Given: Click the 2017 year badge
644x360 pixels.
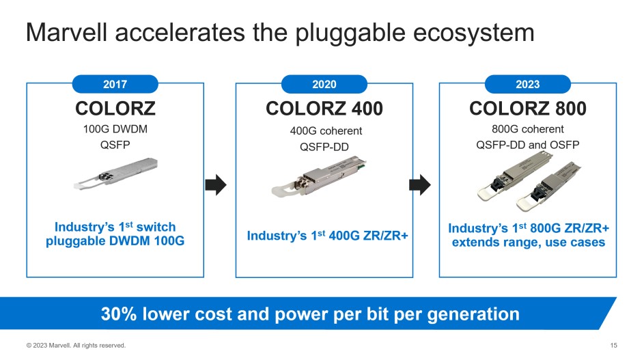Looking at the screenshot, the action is [x=115, y=84].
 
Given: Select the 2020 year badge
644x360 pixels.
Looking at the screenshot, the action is [x=324, y=84].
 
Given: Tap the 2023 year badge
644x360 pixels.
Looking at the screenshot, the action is [x=528, y=84].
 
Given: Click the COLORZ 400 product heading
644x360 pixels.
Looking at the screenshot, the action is [x=324, y=109].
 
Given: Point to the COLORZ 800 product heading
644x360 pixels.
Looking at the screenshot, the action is [x=528, y=109].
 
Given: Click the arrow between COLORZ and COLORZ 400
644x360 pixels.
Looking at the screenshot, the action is [x=216, y=184].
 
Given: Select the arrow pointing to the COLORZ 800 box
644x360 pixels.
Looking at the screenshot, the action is [x=420, y=184].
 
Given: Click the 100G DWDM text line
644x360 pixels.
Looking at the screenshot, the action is [x=115, y=129].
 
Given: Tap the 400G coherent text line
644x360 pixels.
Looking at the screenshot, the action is [x=326, y=130].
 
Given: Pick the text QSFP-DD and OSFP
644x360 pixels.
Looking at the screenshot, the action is [x=528, y=145].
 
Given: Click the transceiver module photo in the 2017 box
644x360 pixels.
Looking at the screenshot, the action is [x=116, y=174].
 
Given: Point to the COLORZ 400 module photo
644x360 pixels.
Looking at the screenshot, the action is [x=319, y=178].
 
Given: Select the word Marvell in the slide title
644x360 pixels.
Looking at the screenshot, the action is [x=66, y=33].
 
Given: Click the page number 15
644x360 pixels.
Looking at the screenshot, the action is [x=613, y=345].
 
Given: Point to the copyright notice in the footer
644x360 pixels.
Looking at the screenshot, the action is [x=76, y=345].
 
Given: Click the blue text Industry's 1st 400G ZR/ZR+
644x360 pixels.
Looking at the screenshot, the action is [x=327, y=235].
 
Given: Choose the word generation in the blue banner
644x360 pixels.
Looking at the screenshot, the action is [x=473, y=315].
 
